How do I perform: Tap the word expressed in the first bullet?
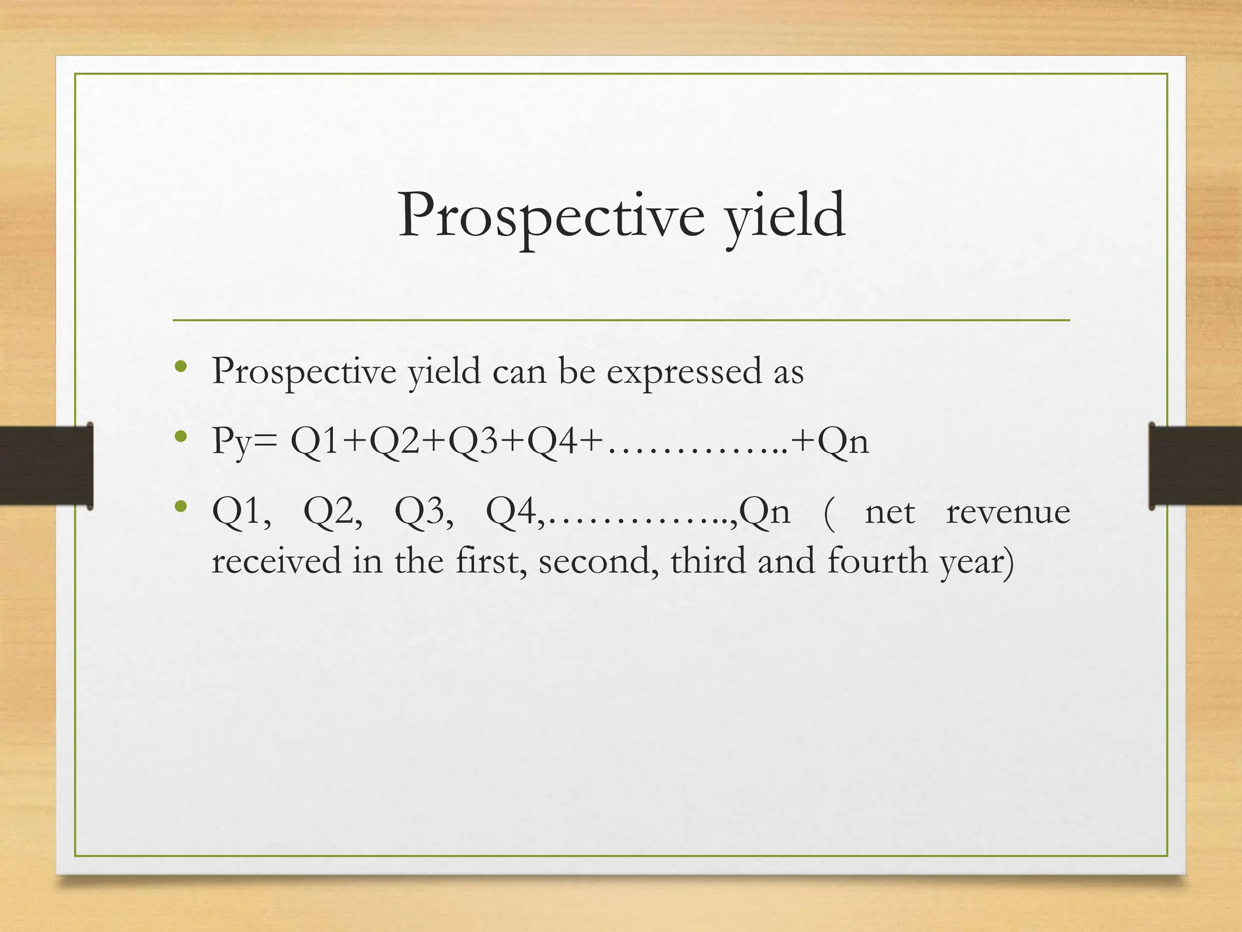684,371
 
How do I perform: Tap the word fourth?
878,561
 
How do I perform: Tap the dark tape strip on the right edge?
1195,465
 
